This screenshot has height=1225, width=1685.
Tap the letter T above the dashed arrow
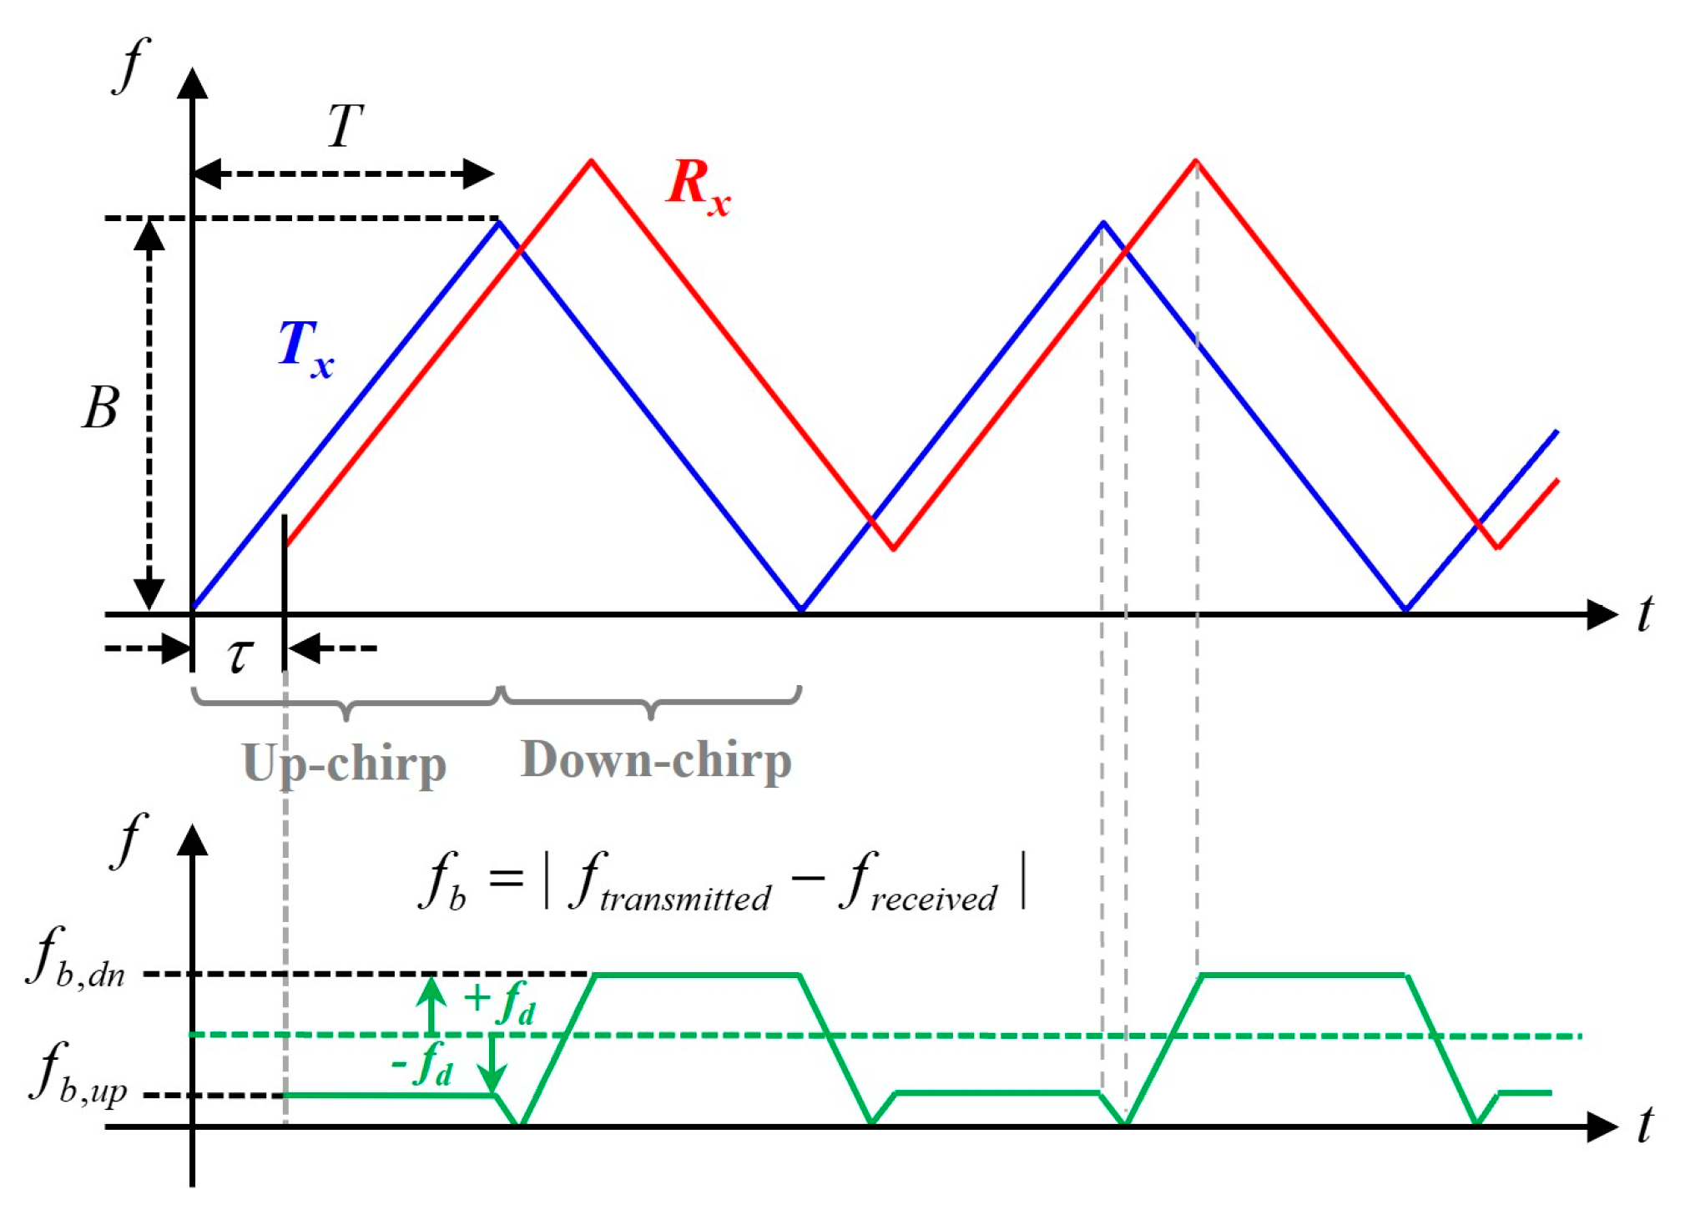coord(345,126)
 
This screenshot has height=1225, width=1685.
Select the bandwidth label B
coord(100,409)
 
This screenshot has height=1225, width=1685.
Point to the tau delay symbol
coord(240,654)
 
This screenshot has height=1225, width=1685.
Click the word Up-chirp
coord(344,764)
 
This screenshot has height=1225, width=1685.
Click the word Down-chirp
coord(656,760)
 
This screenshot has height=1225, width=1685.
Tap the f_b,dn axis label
coord(77,960)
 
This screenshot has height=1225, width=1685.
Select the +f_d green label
coord(499,1002)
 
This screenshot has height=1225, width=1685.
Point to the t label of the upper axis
coord(1644,616)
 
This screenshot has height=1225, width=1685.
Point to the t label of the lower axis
coord(1644,1127)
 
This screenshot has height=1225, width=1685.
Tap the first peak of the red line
coord(591,160)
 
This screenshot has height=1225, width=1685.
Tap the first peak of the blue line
coord(499,221)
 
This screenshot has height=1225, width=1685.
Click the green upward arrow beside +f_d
coord(431,1005)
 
